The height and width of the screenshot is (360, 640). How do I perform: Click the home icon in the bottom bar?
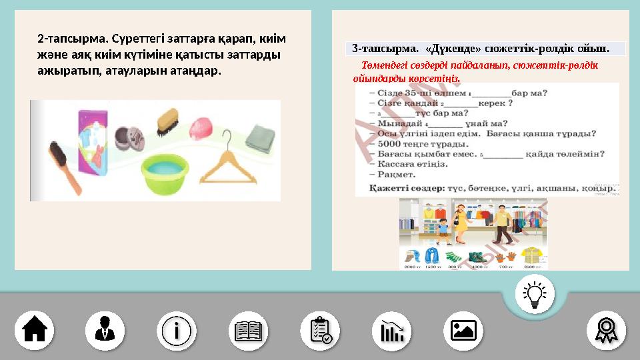(35, 329)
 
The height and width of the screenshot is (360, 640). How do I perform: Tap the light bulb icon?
(535, 294)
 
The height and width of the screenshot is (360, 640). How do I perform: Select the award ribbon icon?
(606, 329)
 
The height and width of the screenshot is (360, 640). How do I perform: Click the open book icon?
(248, 329)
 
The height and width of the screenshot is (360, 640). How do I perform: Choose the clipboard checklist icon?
(320, 329)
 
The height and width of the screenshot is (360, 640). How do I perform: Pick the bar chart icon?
(391, 329)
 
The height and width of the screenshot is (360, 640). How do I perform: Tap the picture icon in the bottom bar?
(463, 329)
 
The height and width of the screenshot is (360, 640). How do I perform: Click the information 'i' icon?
(177, 329)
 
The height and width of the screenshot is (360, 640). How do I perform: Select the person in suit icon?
(105, 329)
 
